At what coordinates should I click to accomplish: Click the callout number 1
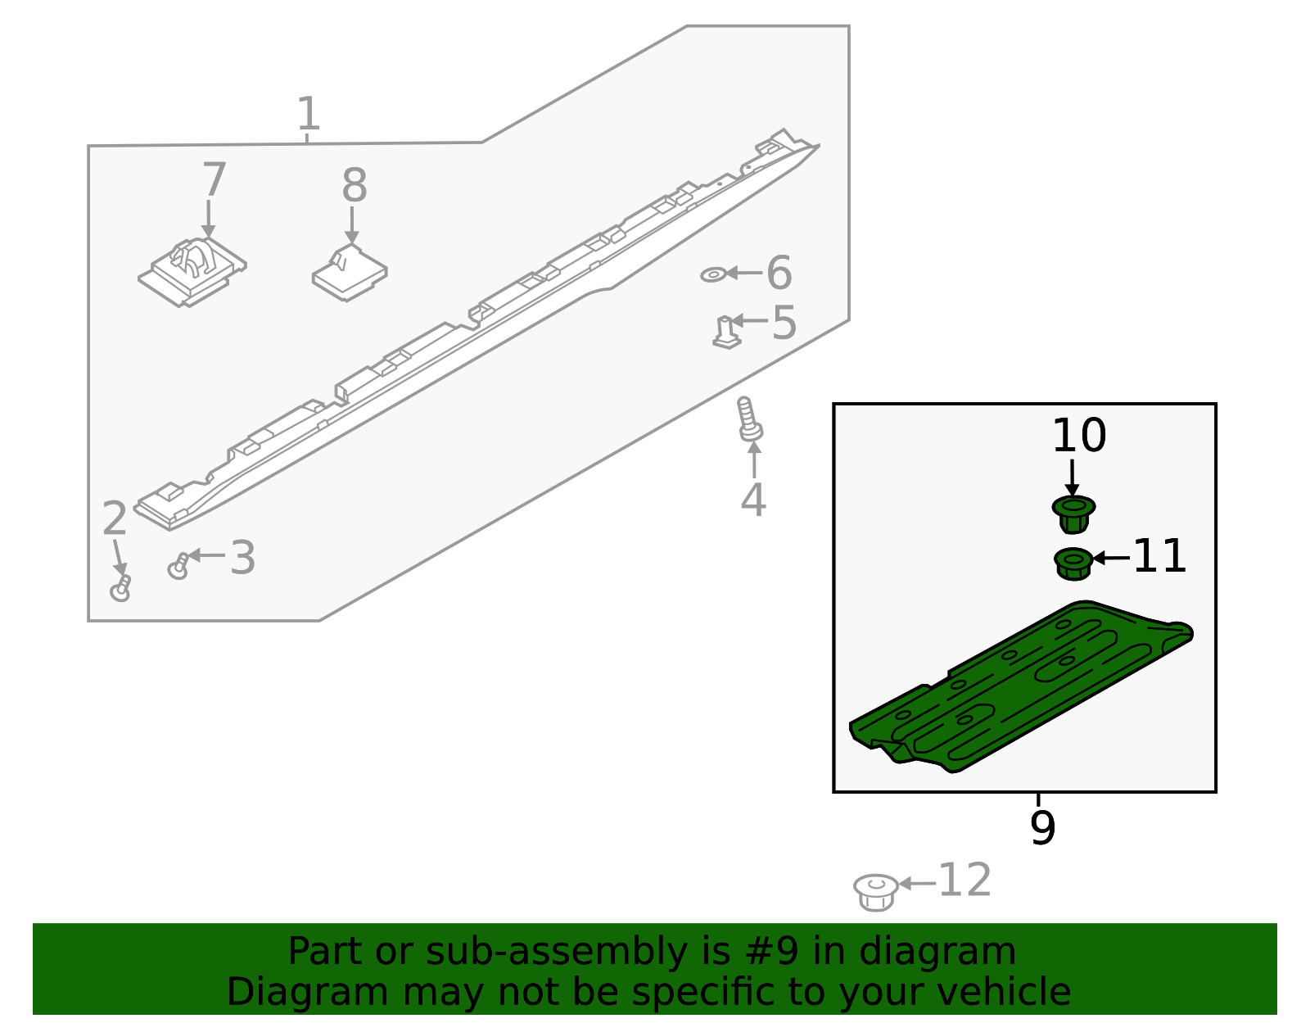tap(308, 115)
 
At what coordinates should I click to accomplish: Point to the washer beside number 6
tap(713, 275)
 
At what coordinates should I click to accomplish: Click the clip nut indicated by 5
tap(725, 333)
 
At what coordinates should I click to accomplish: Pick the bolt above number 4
tap(748, 420)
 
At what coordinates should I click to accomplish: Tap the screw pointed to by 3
tap(178, 565)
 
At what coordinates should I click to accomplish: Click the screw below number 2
tap(121, 589)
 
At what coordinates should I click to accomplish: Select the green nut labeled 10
tap(1073, 514)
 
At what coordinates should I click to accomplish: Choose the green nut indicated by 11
tap(1073, 564)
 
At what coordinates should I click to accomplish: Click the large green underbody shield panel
tap(1023, 688)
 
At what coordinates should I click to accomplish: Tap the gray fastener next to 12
tap(875, 891)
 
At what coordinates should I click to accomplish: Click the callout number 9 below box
tap(1042, 828)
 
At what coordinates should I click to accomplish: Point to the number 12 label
tap(964, 880)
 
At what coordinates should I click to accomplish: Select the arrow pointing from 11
tap(1111, 558)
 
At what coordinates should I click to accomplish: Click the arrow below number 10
tap(1073, 477)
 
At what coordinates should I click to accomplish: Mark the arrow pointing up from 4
tap(754, 460)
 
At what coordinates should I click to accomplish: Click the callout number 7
tap(214, 180)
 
